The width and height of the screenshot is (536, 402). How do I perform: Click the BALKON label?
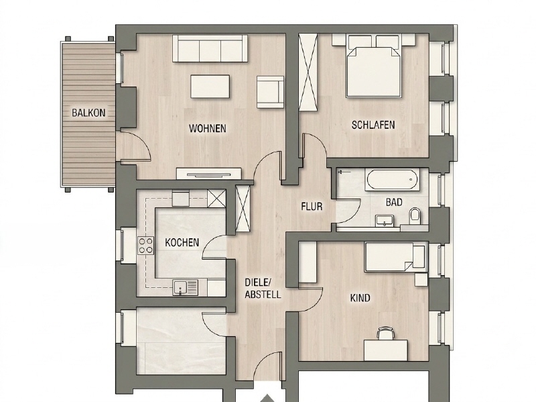[x=88, y=113]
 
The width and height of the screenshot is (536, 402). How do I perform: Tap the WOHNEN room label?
[x=208, y=128]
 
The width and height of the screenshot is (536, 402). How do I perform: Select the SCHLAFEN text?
[x=373, y=125]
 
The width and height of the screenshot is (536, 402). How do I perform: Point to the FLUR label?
[x=312, y=207]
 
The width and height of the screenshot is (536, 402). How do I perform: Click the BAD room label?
[x=394, y=203]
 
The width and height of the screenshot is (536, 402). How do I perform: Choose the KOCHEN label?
[x=182, y=242]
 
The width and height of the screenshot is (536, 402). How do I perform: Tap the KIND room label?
[x=360, y=298]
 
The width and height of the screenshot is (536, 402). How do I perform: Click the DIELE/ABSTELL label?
[x=263, y=289]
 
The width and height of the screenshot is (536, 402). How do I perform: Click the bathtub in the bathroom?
[x=392, y=179]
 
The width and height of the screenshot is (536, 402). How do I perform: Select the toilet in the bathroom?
[x=415, y=216]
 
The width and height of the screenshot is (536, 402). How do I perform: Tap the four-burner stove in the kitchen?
[x=145, y=246]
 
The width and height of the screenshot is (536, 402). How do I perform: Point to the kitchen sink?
[x=186, y=288]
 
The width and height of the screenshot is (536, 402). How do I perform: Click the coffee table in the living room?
[x=210, y=87]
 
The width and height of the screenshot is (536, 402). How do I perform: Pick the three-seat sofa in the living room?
[x=210, y=48]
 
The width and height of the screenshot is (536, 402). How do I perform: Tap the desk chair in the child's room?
[x=385, y=332]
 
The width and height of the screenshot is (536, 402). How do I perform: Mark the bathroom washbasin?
[x=385, y=221]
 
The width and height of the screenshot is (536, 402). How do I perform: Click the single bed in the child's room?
[x=395, y=257]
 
